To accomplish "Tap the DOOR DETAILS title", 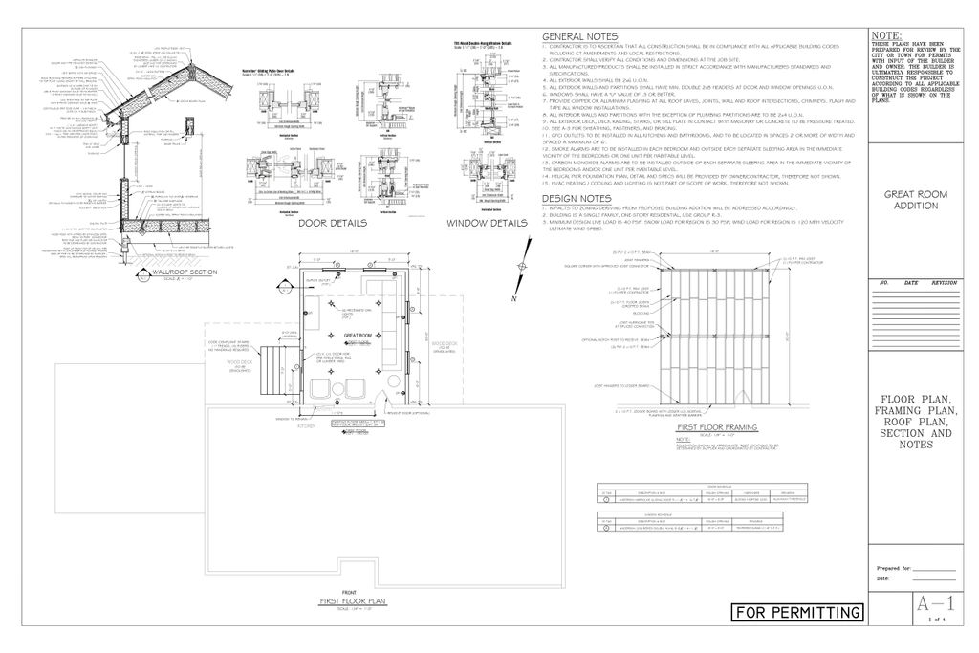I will tap(333, 224).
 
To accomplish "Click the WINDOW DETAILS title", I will tap(487, 224).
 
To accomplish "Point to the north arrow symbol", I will tap(519, 269).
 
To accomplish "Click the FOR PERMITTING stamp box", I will tap(798, 612).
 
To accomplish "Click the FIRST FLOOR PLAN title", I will tap(353, 600).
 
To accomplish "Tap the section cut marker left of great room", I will tap(284, 286).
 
